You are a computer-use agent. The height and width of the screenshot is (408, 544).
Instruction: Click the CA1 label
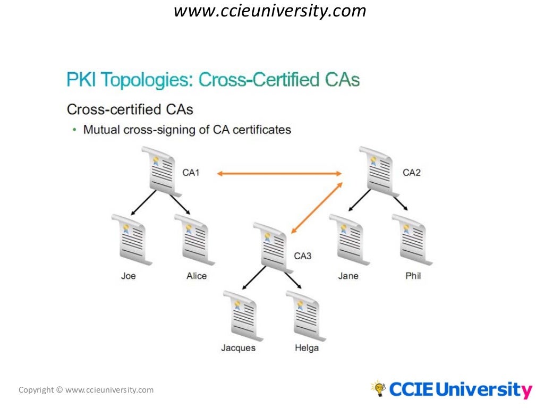(191, 173)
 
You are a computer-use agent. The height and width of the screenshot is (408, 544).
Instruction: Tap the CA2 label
(412, 173)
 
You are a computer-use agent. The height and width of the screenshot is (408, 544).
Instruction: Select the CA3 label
(303, 256)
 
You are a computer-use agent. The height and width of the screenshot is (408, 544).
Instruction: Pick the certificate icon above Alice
(194, 239)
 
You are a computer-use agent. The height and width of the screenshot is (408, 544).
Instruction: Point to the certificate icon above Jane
(348, 239)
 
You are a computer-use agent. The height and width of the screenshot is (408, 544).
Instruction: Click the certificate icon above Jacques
(242, 315)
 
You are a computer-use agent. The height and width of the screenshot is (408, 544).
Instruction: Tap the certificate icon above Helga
(305, 315)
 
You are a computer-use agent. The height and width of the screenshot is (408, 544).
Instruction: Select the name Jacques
(239, 348)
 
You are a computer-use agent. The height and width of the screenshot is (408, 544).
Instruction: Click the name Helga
(307, 348)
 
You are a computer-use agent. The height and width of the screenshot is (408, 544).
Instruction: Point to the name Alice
(197, 276)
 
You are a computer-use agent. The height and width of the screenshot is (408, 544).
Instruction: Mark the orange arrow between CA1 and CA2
(279, 173)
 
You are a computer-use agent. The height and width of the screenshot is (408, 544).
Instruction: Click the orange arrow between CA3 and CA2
(316, 207)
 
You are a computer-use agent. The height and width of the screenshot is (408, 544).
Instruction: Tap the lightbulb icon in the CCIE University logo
(378, 388)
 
